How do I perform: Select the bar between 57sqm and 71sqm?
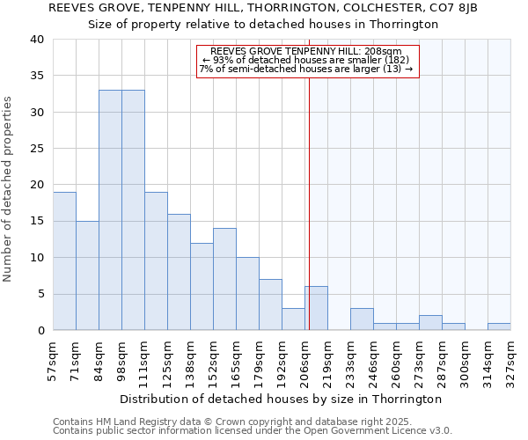[x=64, y=260]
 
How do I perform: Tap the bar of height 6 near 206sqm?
[x=317, y=308]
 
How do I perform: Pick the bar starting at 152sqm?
[x=224, y=279]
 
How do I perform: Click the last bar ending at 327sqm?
[x=499, y=326]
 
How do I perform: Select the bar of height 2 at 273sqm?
[x=430, y=322]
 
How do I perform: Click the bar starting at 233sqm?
[x=362, y=319]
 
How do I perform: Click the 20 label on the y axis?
[x=36, y=185]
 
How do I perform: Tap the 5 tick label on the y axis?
[x=40, y=294]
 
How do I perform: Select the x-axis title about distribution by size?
[x=280, y=399]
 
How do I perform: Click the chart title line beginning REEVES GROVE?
[x=263, y=8]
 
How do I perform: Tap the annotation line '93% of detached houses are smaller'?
[x=306, y=60]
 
